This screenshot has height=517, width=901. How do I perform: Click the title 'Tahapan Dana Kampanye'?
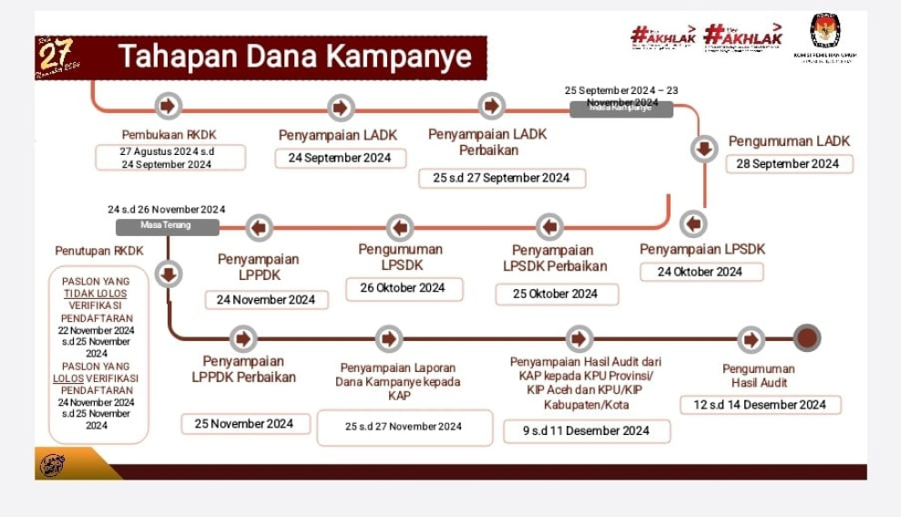295,57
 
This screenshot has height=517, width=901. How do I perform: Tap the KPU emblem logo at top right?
825,32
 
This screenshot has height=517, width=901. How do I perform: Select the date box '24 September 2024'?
339,158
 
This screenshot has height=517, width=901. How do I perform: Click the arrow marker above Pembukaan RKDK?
168,106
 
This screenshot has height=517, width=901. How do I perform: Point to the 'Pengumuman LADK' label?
789,141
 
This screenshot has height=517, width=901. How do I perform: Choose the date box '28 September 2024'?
789,164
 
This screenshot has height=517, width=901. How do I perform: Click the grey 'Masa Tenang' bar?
167,226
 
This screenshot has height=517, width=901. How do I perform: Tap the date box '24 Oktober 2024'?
700,272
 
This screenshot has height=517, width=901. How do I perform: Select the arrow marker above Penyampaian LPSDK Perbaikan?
549,226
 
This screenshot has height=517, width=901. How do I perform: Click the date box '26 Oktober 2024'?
404,288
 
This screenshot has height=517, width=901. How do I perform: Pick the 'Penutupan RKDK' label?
99,251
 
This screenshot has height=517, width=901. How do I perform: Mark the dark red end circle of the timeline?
806,338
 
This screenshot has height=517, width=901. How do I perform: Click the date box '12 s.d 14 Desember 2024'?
760,405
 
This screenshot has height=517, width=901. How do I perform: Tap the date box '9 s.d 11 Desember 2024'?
586,430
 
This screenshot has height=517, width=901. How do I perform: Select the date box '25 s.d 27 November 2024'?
404,427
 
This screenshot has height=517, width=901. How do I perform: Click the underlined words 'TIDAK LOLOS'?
96,294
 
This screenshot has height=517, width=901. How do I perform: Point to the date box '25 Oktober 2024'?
556,294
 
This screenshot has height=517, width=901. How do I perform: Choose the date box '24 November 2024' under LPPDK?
266,299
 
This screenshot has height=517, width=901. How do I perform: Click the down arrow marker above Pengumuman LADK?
703,148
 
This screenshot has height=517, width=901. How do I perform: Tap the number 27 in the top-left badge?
55,54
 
